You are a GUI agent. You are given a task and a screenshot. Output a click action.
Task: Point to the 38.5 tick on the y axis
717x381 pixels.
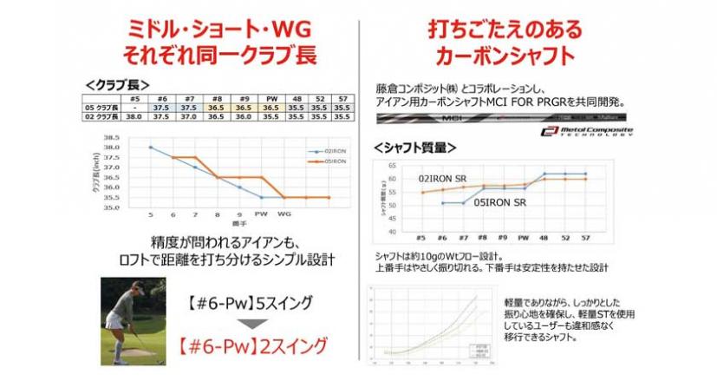112,137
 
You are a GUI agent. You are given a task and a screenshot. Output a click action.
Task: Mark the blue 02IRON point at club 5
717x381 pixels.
150,147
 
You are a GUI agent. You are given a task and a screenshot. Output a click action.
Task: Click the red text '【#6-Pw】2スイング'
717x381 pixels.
255,345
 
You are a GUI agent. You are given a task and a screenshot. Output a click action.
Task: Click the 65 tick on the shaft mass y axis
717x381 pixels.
393,164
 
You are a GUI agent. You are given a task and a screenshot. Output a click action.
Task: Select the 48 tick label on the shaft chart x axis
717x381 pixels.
544,236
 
